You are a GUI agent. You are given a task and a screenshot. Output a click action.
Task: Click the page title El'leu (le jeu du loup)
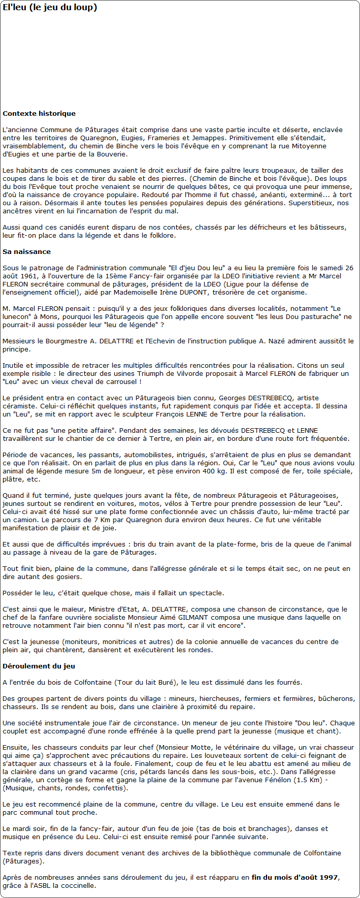[x=50, y=8]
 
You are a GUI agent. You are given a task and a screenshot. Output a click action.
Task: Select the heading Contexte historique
[x=39, y=114]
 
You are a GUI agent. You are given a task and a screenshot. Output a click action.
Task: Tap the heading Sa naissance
[x=26, y=252]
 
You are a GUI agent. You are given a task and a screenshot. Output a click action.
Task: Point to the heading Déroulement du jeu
[x=39, y=666]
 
